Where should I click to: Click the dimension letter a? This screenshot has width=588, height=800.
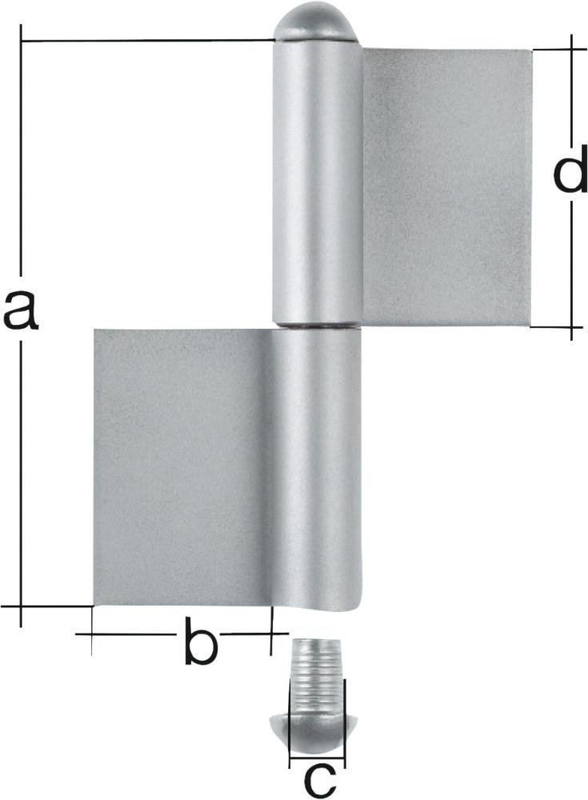tap(20, 312)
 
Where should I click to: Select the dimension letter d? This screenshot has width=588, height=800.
tap(570, 176)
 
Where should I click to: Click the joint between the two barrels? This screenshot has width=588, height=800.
tap(317, 326)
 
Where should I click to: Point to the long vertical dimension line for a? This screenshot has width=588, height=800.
tap(22, 480)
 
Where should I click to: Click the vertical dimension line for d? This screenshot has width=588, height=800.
tap(572, 264)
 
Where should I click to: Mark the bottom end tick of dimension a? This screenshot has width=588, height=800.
tap(22, 606)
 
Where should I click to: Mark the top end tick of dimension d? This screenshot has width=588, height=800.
tap(572, 49)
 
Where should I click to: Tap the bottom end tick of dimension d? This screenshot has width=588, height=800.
tap(571, 326)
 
